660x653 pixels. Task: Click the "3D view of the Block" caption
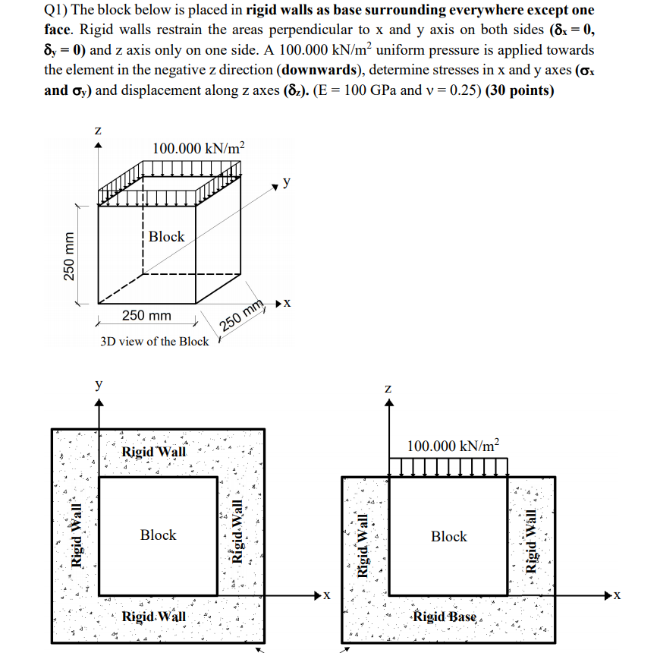pyautogui.click(x=154, y=342)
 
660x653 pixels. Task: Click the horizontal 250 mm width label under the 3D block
pyautogui.click(x=146, y=315)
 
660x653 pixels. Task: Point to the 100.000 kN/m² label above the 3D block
pyautogui.click(x=199, y=148)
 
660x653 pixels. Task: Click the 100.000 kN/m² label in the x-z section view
pyautogui.click(x=454, y=446)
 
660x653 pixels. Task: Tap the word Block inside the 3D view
pyautogui.click(x=166, y=236)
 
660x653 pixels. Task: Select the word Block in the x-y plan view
pyautogui.click(x=158, y=535)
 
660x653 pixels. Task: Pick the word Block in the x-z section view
pyautogui.click(x=449, y=537)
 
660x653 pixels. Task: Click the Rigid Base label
pyautogui.click(x=445, y=617)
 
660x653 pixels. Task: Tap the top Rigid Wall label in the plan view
pyautogui.click(x=153, y=452)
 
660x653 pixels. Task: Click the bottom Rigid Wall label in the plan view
pyautogui.click(x=153, y=616)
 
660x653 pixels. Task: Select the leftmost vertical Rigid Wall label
pyautogui.click(x=77, y=535)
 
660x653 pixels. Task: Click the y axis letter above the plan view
pyautogui.click(x=99, y=385)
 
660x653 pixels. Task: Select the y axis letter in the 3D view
pyautogui.click(x=286, y=181)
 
